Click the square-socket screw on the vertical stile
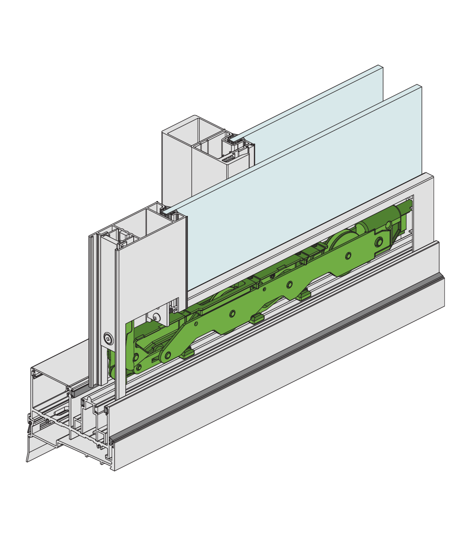pos(108,339)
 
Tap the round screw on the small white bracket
pos(156,317)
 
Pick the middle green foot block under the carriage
pos(255,318)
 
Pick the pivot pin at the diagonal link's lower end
pos(168,355)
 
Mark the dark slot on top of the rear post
pos(228,159)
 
